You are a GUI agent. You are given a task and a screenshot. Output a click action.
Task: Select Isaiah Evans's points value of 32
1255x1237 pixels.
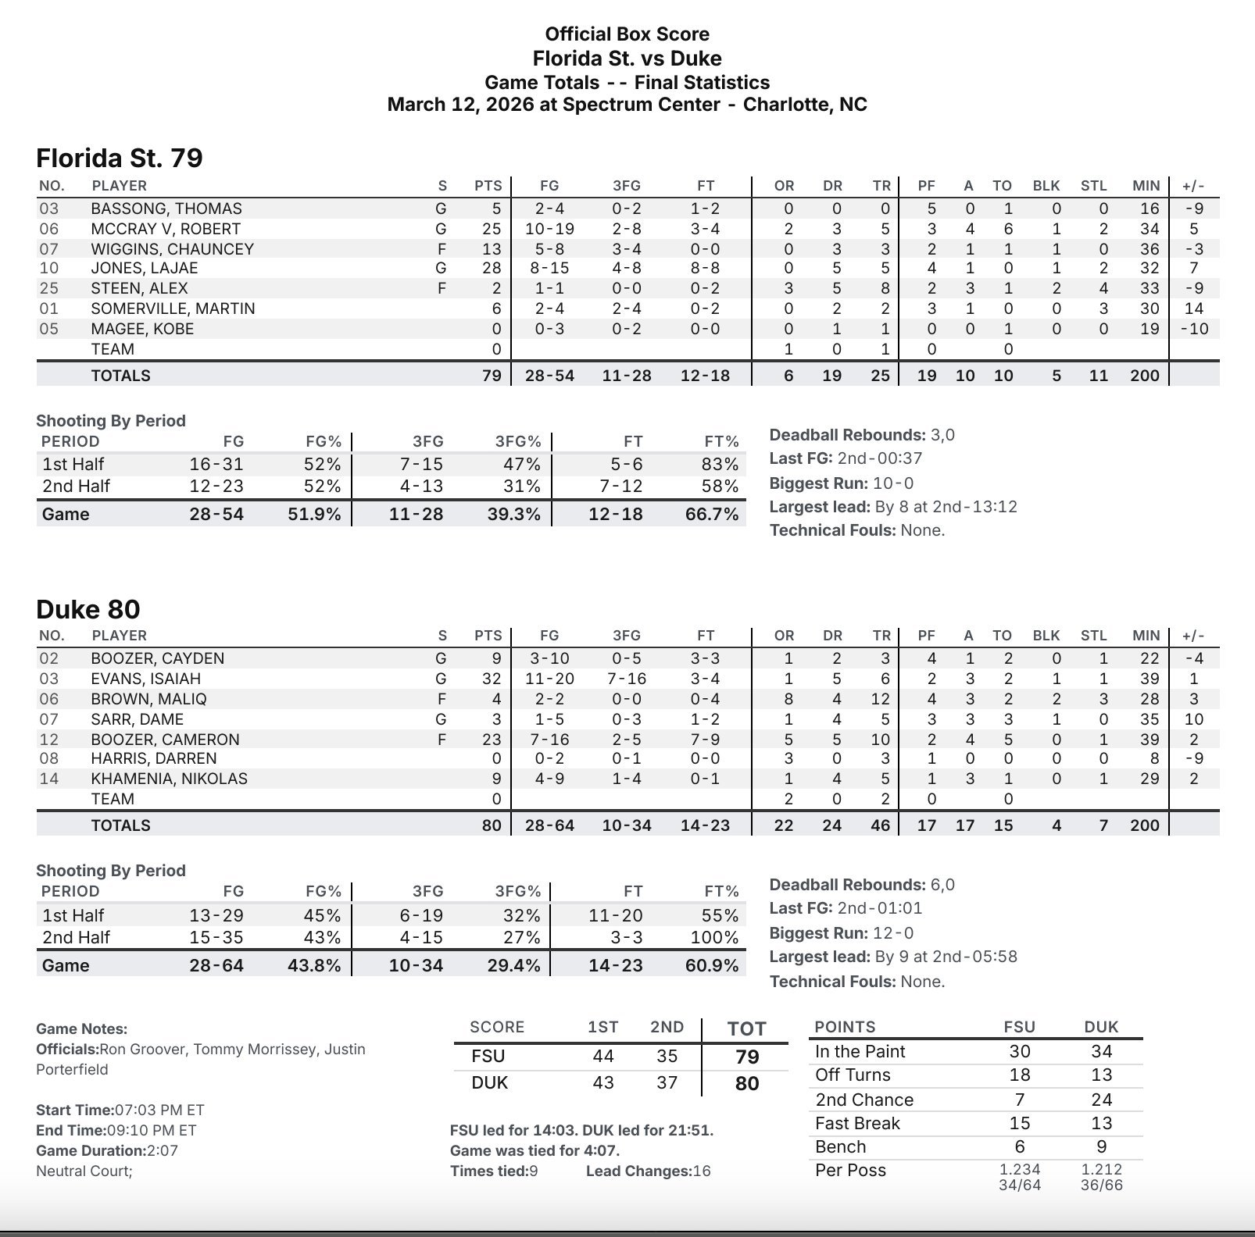tap(491, 679)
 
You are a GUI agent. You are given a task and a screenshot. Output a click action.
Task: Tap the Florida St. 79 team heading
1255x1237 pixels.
tap(120, 158)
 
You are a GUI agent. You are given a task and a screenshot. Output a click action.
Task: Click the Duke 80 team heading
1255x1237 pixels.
tap(88, 609)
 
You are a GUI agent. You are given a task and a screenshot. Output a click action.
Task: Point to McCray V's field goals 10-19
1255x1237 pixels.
tap(549, 229)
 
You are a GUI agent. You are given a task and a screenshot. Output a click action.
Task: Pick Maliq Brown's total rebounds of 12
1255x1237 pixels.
tap(880, 699)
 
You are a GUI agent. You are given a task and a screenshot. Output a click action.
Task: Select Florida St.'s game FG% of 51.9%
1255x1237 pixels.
tap(314, 514)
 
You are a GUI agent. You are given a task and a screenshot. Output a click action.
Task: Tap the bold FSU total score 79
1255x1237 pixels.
tap(747, 1057)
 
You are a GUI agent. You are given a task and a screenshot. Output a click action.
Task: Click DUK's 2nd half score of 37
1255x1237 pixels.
tap(667, 1082)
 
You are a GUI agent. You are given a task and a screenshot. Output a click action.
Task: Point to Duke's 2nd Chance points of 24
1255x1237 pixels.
tap(1101, 1100)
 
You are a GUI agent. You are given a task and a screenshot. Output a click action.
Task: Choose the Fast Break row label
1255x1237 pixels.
tap(857, 1123)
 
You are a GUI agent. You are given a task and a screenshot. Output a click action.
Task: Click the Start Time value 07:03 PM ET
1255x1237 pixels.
tap(159, 1110)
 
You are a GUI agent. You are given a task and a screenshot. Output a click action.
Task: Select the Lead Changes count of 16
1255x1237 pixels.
tap(702, 1171)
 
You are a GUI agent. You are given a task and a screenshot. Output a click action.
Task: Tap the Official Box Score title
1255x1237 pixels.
tap(627, 34)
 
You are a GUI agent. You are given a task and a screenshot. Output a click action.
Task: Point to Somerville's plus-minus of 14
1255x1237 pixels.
tap(1193, 308)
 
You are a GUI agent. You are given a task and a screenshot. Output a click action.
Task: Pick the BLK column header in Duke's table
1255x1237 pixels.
tap(1046, 636)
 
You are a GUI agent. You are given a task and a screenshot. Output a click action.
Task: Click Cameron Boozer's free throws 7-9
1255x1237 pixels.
tap(705, 740)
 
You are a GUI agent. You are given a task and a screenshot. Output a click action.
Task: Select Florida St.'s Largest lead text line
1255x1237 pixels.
tap(893, 506)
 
